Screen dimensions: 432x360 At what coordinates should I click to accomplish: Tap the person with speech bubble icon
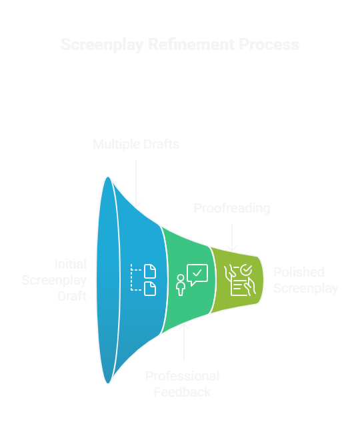point(191,279)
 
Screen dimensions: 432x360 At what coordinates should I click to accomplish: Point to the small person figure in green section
point(180,285)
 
